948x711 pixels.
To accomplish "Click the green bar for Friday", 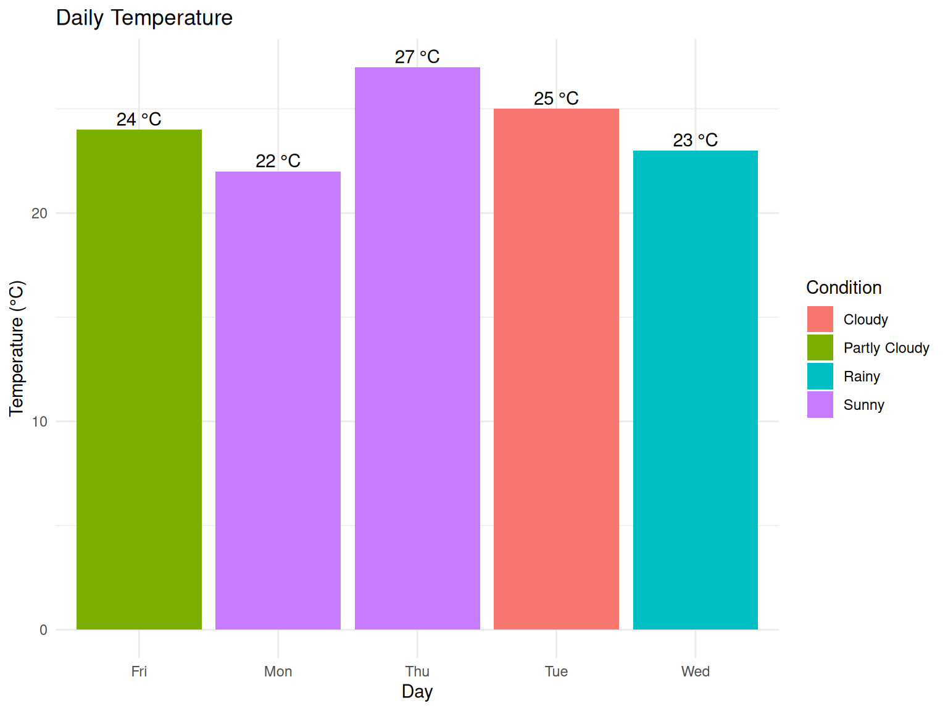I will pos(139,379).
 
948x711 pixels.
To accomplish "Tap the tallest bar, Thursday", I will pos(417,348).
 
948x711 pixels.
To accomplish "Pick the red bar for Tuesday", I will pos(556,369).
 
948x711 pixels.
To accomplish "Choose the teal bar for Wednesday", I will pos(696,390).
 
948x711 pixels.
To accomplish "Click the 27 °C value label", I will pos(417,57).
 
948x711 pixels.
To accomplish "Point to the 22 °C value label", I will pos(278,161).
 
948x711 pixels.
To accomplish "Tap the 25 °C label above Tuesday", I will pos(556,99).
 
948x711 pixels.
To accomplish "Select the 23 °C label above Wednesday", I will pos(696,140).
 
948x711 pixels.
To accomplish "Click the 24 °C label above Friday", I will pos(139,119).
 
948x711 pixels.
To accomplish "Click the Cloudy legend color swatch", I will pos(820,319).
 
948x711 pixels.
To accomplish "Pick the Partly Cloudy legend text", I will pos(886,348).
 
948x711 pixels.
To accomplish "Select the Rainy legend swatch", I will pos(820,376).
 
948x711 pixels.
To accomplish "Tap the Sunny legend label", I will pos(864,405).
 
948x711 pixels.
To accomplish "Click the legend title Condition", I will pos(844,288).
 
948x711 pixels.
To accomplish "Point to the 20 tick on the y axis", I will pos(39,214).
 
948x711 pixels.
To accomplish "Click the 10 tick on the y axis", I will pos(39,422).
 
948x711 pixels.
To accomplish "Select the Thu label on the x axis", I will pos(417,671).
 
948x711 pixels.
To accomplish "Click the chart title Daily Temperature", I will pos(144,18).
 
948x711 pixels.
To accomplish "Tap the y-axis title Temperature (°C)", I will pos(17,349).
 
